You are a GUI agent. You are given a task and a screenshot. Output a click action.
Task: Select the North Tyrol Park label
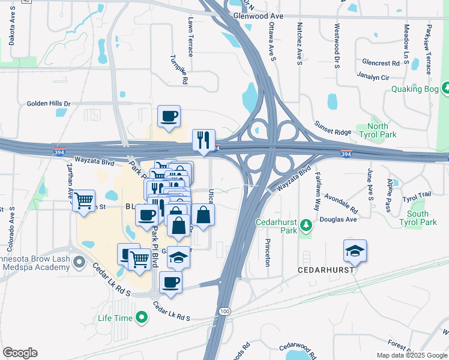[x=378, y=130]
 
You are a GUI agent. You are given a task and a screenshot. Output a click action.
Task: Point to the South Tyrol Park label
[x=417, y=218]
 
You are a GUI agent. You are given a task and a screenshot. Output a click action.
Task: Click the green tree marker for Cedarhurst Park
[x=307, y=225]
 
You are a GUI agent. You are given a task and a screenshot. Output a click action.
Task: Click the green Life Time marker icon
[x=142, y=316]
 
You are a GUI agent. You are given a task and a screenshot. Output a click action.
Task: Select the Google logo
[x=20, y=353]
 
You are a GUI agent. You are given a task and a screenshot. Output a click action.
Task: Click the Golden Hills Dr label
[x=49, y=104]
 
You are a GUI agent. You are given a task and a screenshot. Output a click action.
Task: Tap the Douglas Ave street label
[x=342, y=220]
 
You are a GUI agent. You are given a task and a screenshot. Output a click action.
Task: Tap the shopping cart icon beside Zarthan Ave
[x=83, y=200]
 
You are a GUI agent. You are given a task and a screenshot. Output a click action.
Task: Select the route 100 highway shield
[x=224, y=311]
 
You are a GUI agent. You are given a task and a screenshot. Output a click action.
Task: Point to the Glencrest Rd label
[x=381, y=63]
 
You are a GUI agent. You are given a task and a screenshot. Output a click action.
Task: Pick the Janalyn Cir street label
[x=373, y=77]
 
